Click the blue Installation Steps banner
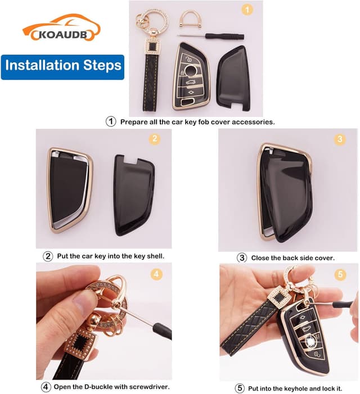click(62, 65)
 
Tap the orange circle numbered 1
click(246, 10)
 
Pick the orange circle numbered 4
click(156, 275)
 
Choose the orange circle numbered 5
click(339, 275)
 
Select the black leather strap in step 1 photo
click(151, 84)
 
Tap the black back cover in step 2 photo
click(136, 196)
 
